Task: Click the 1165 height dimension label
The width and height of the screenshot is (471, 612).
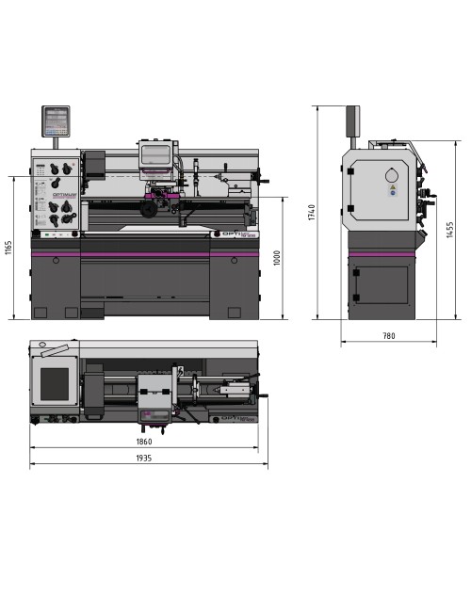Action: (8, 248)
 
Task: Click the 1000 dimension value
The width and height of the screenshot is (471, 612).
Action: (277, 258)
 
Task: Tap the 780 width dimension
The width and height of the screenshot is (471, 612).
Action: (388, 336)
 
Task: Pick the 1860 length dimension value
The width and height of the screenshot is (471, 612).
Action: (143, 441)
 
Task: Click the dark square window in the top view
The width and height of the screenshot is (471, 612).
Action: (54, 383)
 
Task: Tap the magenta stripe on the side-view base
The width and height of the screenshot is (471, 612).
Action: (380, 253)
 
